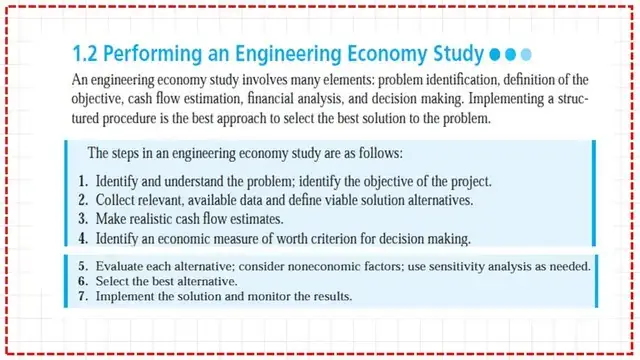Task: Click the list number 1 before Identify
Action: [x=83, y=182]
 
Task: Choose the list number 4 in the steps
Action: [x=83, y=239]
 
